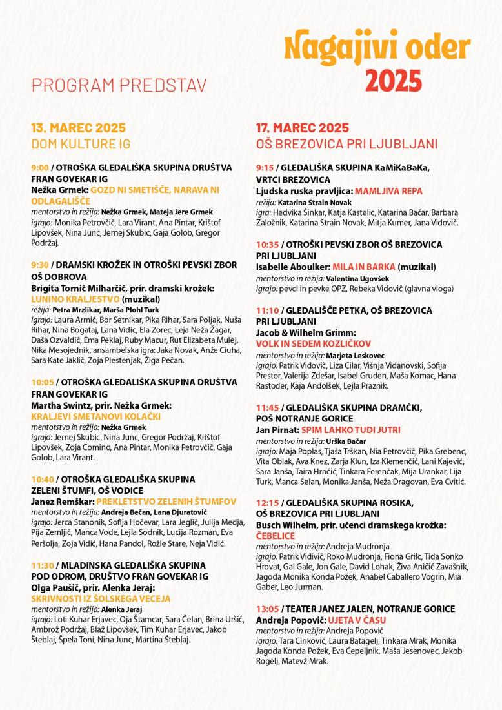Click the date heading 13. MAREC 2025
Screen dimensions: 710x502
point(78,127)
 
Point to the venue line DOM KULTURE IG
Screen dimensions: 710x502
point(81,143)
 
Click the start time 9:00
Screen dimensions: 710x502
point(39,168)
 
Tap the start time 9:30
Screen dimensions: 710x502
point(39,265)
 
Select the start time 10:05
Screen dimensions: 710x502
point(42,382)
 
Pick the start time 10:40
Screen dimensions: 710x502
point(42,479)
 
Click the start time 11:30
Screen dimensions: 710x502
point(42,565)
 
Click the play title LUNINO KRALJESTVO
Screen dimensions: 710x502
point(75,299)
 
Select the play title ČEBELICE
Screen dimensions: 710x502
point(276,536)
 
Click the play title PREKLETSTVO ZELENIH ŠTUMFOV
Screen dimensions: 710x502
point(166,502)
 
